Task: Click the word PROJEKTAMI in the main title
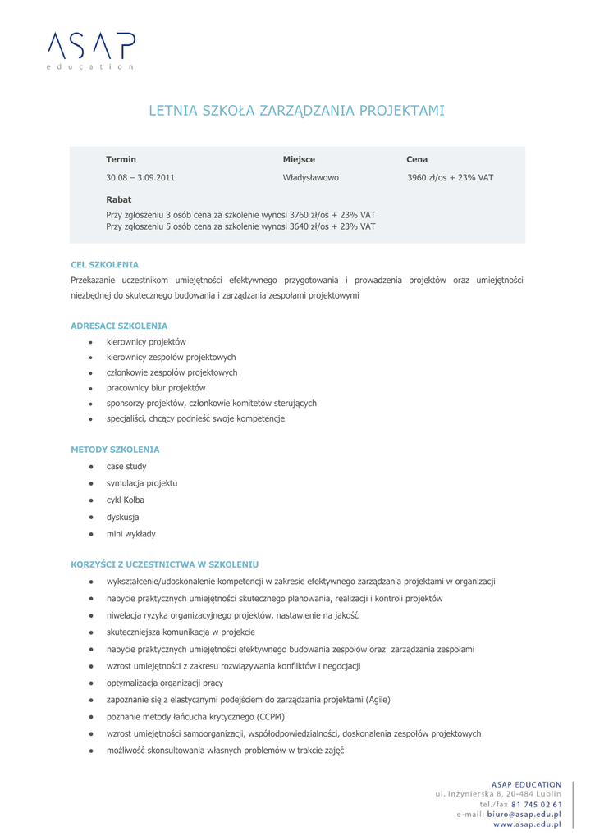click(401, 110)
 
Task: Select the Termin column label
click(121, 159)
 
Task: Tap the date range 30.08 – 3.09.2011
click(140, 177)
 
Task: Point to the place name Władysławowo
click(310, 177)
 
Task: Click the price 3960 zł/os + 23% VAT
click(450, 177)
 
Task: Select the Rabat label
click(118, 199)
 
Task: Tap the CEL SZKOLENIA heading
click(104, 265)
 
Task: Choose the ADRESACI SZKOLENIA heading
click(119, 326)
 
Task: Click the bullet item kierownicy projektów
click(146, 342)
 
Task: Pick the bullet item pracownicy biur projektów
click(156, 388)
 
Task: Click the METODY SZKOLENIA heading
click(115, 450)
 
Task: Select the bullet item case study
click(126, 467)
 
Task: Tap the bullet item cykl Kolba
click(125, 500)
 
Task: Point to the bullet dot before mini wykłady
click(91, 534)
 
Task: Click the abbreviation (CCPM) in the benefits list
click(271, 716)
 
